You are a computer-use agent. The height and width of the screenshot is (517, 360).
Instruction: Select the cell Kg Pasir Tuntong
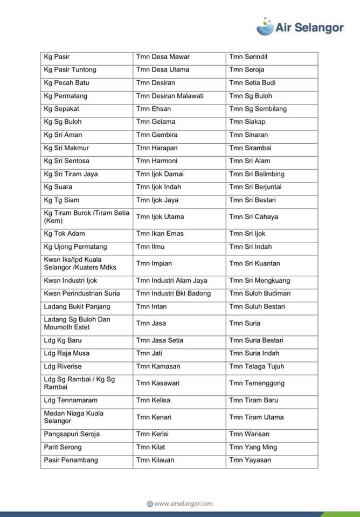pyautogui.click(x=70, y=69)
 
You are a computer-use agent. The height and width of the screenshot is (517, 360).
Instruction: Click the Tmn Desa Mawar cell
pyautogui.click(x=163, y=57)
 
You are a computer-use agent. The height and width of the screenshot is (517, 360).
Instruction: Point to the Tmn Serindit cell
pyautogui.click(x=248, y=57)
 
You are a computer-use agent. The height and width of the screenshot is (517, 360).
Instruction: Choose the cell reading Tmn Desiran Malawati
pyautogui.click(x=170, y=96)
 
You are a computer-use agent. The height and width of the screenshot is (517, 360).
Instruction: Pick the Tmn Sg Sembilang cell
pyautogui.click(x=258, y=109)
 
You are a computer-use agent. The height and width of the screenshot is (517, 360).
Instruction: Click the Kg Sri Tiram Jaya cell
pyautogui.click(x=71, y=174)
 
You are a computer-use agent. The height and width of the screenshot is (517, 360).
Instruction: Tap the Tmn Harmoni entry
pyautogui.click(x=157, y=161)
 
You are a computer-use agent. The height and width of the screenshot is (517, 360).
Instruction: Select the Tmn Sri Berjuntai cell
pyautogui.click(x=255, y=187)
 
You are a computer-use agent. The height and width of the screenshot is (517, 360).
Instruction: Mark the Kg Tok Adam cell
pyautogui.click(x=64, y=234)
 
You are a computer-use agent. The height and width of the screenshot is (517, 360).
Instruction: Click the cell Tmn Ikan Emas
pyautogui.click(x=160, y=234)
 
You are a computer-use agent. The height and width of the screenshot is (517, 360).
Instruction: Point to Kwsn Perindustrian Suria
pyautogui.click(x=82, y=294)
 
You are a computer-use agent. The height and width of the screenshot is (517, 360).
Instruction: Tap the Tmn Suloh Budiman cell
pyautogui.click(x=260, y=294)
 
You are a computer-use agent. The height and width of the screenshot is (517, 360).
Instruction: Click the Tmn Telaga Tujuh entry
pyautogui.click(x=257, y=366)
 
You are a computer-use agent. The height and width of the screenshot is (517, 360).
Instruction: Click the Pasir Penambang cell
pyautogui.click(x=71, y=460)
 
